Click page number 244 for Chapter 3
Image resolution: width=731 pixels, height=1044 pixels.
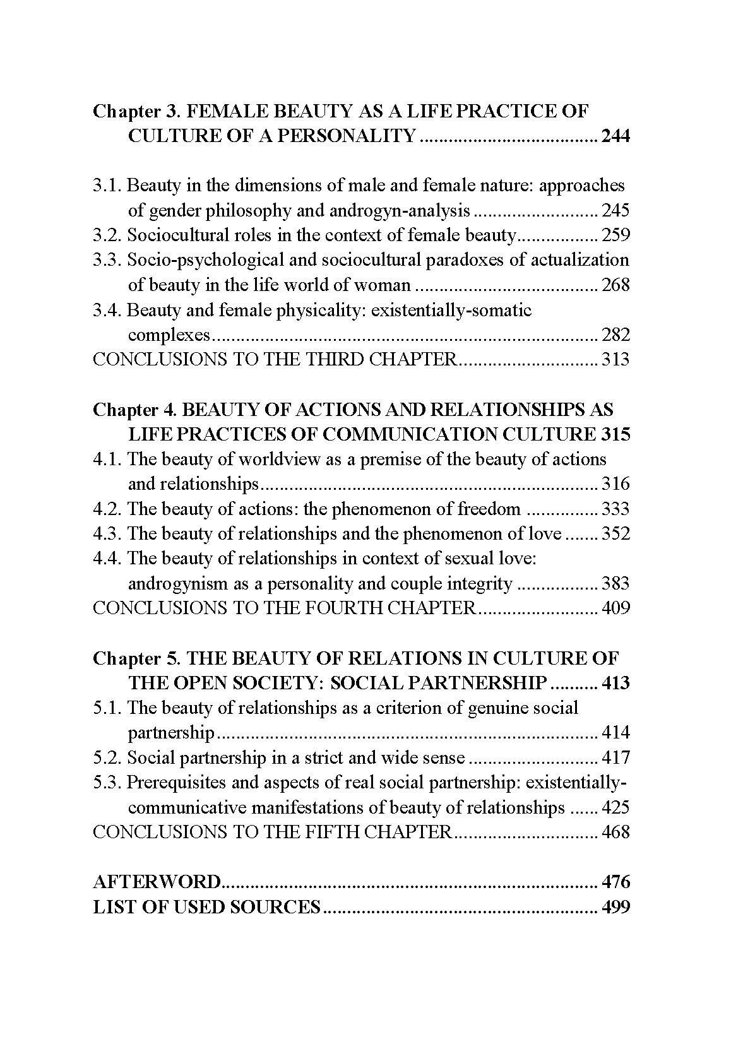(x=615, y=136)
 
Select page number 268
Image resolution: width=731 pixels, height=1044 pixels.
(x=615, y=285)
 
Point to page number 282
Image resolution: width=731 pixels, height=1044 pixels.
(x=615, y=335)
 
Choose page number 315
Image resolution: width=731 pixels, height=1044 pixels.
(x=615, y=434)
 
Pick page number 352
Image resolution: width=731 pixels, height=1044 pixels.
(x=615, y=534)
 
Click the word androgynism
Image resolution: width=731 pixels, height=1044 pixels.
(x=177, y=584)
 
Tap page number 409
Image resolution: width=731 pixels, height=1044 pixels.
(x=615, y=608)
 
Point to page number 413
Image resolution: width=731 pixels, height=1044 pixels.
(x=615, y=683)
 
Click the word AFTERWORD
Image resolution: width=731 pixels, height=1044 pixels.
(x=157, y=882)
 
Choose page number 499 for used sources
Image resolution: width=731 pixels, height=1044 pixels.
(x=615, y=907)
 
